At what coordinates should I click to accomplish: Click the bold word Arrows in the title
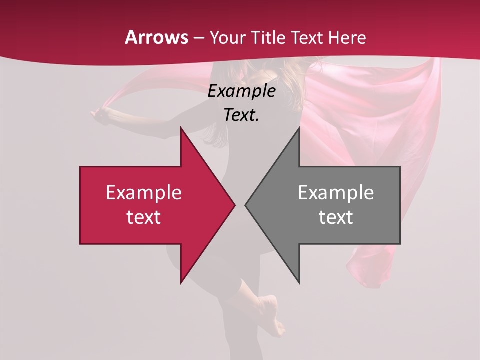pos(156,37)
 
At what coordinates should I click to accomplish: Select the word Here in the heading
pos(347,37)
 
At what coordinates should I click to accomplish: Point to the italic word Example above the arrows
pos(242,91)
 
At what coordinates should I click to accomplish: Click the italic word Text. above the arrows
pos(242,115)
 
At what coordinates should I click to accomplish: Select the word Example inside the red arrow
pos(144,192)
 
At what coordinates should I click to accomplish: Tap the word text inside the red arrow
pos(144,217)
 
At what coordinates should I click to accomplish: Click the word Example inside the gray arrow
pos(336,192)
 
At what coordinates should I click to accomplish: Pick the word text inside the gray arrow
pos(336,217)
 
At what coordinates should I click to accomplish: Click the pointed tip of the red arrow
pos(234,205)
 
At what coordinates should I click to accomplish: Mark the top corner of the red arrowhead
pos(181,128)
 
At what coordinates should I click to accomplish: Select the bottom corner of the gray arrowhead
pos(299,283)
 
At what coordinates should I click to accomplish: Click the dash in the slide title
pos(198,38)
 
